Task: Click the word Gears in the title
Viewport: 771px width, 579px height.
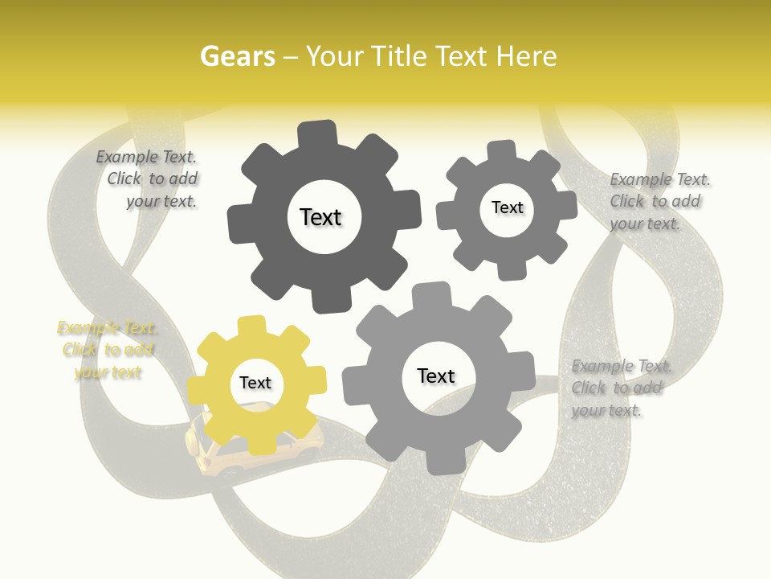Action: [237, 56]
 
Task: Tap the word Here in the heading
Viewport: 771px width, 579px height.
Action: [526, 56]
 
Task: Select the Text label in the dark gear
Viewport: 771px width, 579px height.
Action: [320, 217]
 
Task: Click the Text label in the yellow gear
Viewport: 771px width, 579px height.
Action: [255, 384]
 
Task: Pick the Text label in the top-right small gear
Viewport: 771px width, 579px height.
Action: [507, 207]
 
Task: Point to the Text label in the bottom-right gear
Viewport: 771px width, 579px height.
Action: [436, 376]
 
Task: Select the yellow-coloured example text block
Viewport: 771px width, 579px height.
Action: [108, 350]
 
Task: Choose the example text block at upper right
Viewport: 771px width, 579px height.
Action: [659, 201]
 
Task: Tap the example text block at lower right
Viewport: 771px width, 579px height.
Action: [620, 388]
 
